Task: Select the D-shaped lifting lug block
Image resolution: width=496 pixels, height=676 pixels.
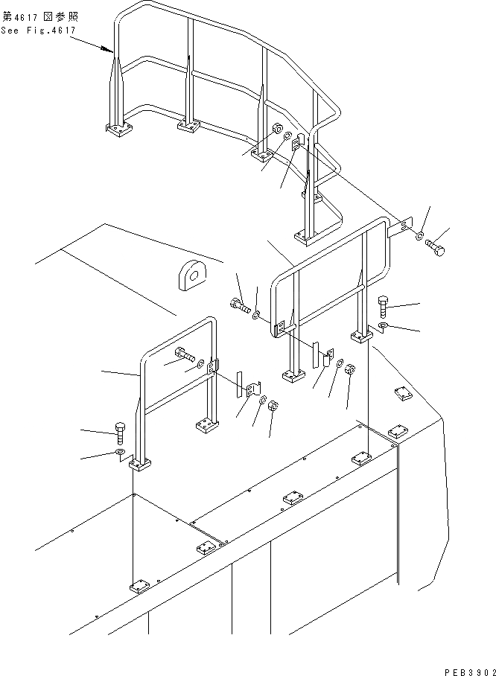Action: point(192,274)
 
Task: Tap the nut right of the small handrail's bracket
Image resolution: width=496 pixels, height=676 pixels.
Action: point(273,406)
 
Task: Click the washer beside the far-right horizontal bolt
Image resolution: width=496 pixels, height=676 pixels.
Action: point(420,237)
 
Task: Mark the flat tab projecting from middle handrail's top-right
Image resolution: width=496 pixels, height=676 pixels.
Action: point(404,226)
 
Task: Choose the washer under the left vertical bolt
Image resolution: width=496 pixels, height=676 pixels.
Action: point(121,451)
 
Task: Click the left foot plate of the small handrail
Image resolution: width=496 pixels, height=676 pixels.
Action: point(140,465)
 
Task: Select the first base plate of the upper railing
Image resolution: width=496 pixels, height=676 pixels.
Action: point(117,131)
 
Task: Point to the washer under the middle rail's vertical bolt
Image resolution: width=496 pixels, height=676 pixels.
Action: point(383,326)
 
